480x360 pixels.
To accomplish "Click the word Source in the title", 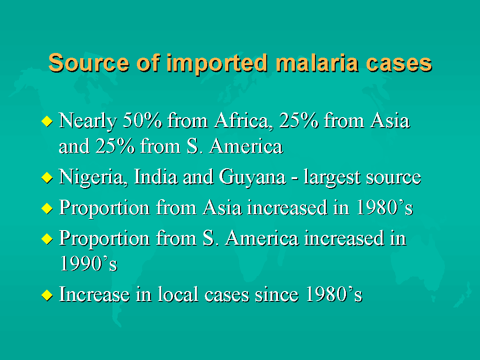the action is [89, 63].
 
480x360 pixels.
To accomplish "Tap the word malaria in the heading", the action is [317, 63].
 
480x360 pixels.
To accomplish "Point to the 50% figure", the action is [142, 120].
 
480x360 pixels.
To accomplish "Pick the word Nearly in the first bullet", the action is [88, 121].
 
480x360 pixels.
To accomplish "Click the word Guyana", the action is [252, 178].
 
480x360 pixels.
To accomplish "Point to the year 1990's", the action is [89, 263].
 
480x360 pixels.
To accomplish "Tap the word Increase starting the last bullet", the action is [94, 294].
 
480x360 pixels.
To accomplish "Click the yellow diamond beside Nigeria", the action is [47, 178].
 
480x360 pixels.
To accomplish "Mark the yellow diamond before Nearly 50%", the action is [47, 121].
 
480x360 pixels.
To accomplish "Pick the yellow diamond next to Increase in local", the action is [47, 295].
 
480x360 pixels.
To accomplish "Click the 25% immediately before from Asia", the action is [299, 120].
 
